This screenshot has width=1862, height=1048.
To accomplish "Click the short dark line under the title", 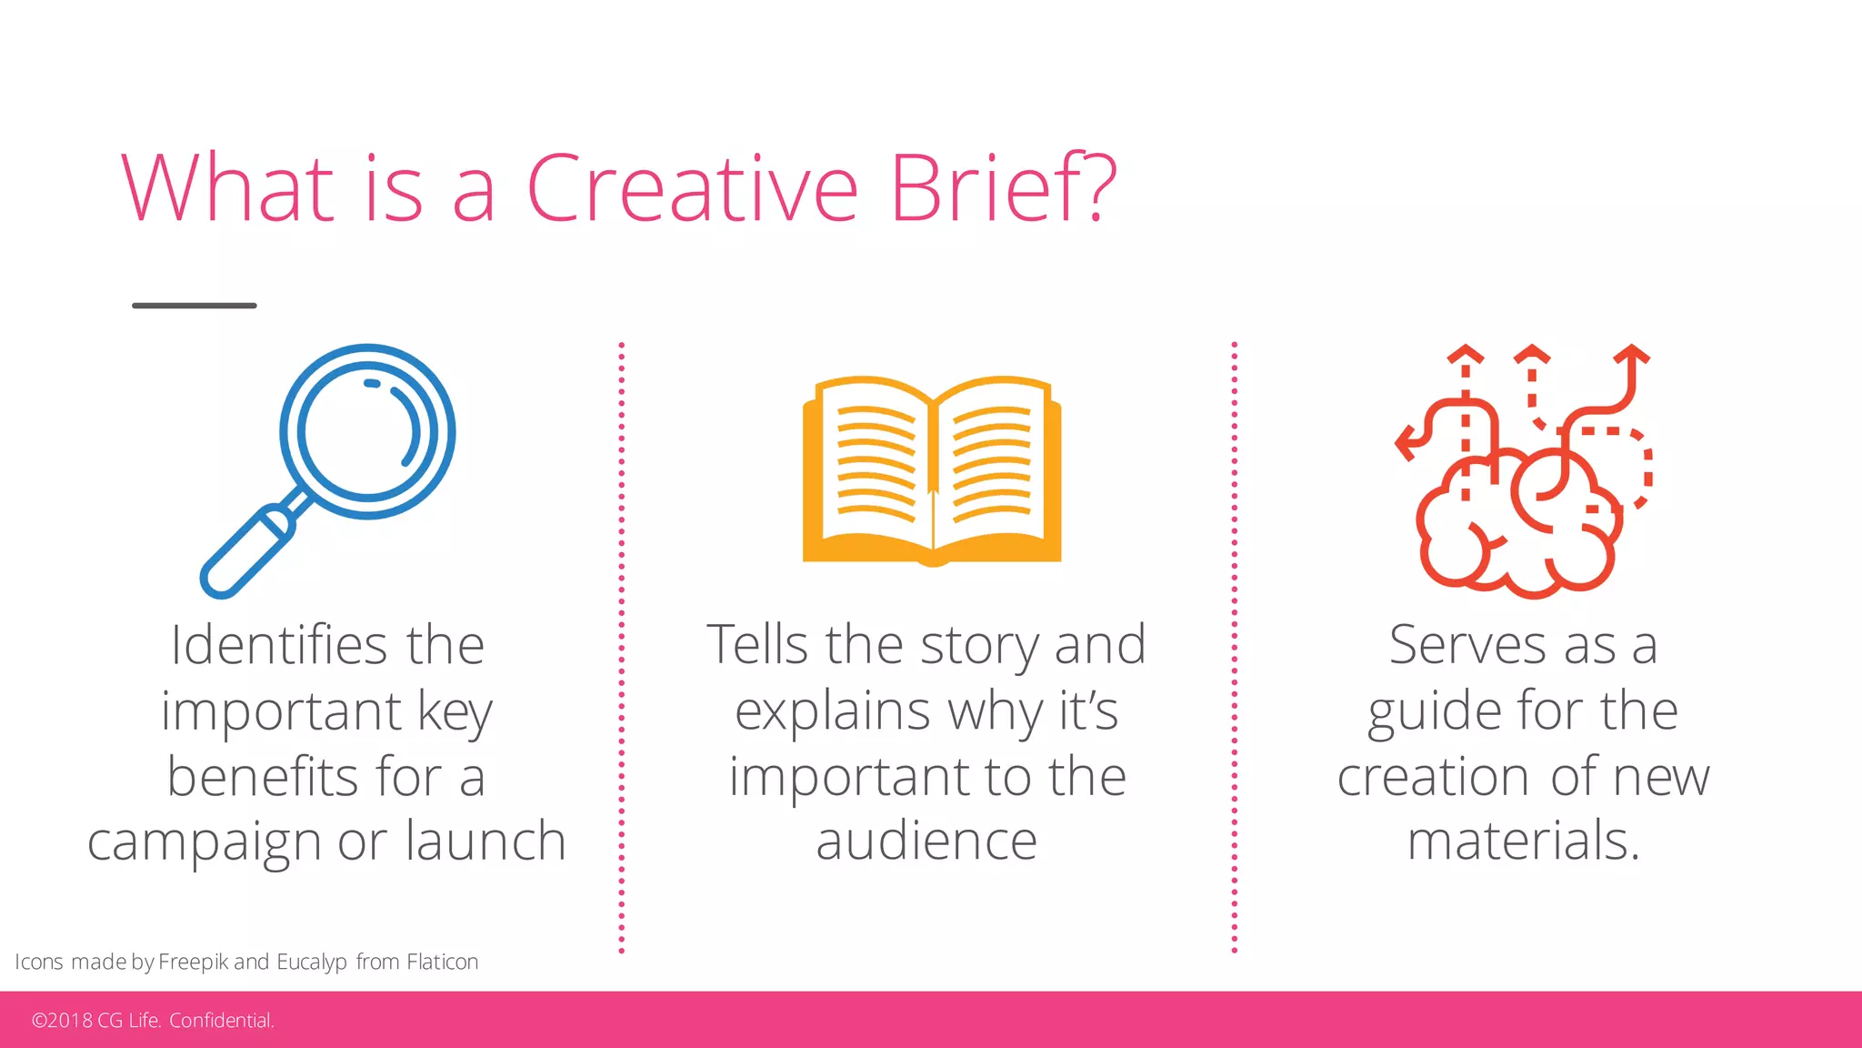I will [x=195, y=306].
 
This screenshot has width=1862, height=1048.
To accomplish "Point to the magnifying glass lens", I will [x=366, y=431].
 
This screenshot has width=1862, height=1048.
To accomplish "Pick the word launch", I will [x=486, y=840].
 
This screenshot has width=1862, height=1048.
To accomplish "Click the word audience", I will [x=926, y=840].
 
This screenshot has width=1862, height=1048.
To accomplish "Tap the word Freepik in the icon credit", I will [x=193, y=962].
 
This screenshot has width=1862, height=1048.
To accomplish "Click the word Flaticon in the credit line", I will [x=442, y=962].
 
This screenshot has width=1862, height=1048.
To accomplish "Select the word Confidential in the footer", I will [x=221, y=1021].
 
